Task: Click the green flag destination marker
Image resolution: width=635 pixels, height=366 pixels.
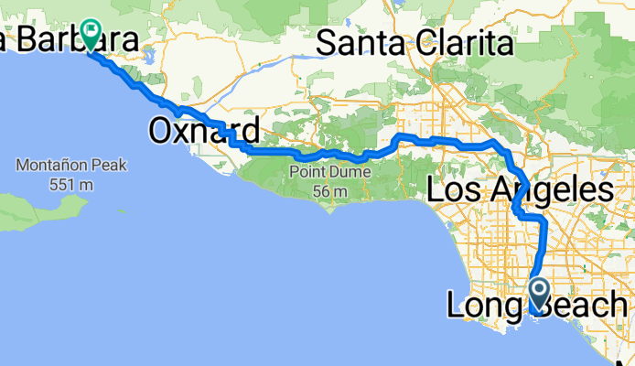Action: pyautogui.click(x=91, y=34)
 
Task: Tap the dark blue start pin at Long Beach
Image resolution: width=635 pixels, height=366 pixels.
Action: pyautogui.click(x=538, y=294)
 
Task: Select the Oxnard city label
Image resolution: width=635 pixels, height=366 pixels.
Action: pyautogui.click(x=204, y=131)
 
